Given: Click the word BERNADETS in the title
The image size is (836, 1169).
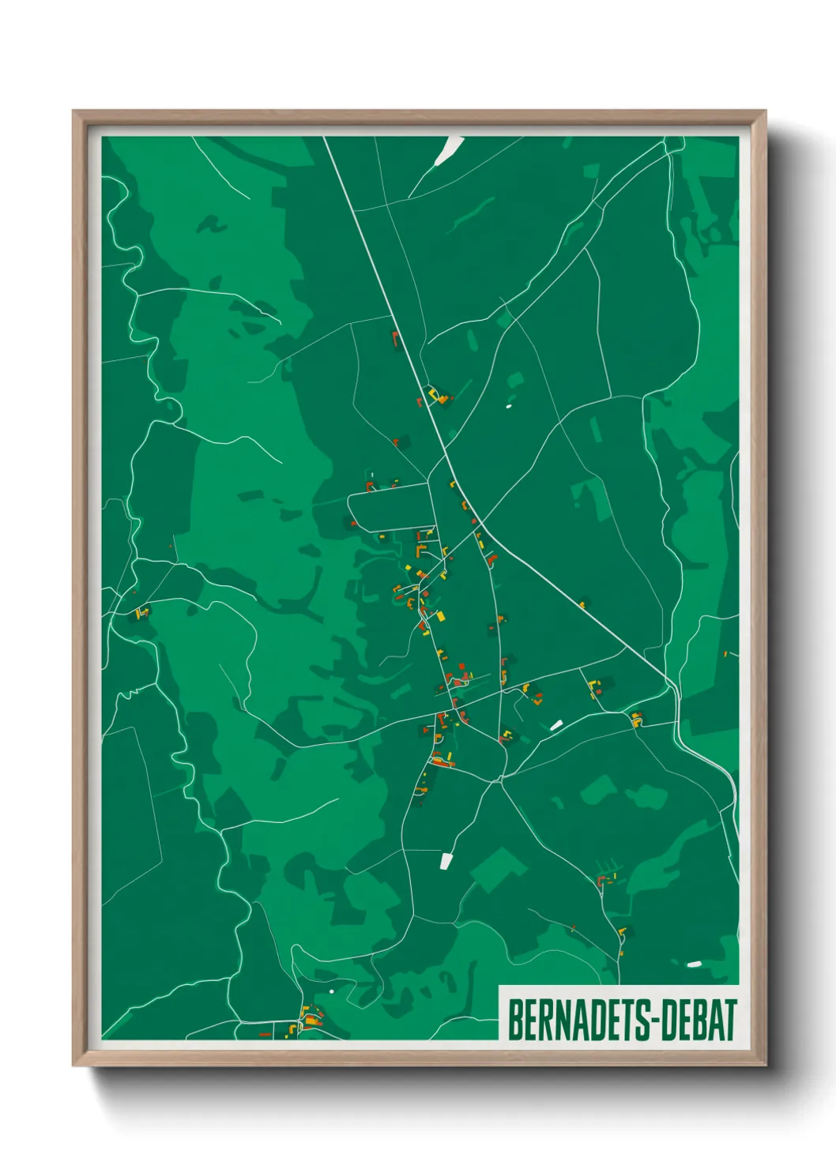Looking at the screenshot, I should [x=578, y=1021].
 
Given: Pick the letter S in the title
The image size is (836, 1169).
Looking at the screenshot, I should [x=642, y=1021].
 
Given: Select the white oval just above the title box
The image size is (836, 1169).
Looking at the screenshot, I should [x=694, y=964].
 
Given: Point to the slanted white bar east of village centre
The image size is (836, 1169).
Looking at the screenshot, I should [x=556, y=724].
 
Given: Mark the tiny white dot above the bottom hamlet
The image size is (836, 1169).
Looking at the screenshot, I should [x=332, y=991].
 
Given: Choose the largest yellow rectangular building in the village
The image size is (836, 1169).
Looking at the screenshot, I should [x=441, y=615].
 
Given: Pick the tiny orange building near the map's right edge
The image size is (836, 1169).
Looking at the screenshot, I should [x=725, y=654].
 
